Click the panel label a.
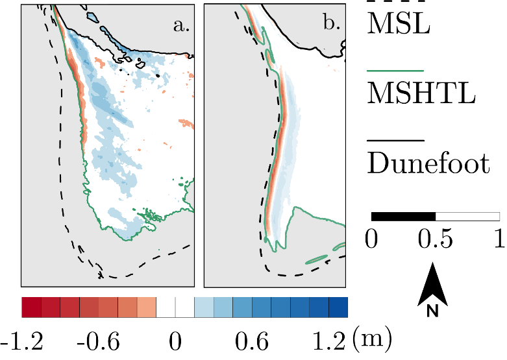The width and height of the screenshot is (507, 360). pos(180,25)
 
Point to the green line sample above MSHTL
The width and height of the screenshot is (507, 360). pos(395,69)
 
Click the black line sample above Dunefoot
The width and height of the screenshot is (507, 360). pos(395,139)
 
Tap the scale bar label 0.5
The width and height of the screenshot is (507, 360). pos(435,240)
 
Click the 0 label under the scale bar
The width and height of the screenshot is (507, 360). pos(371,240)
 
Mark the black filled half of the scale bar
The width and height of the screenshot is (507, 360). pos(403,216)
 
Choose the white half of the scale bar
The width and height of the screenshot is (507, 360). pos(467,216)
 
